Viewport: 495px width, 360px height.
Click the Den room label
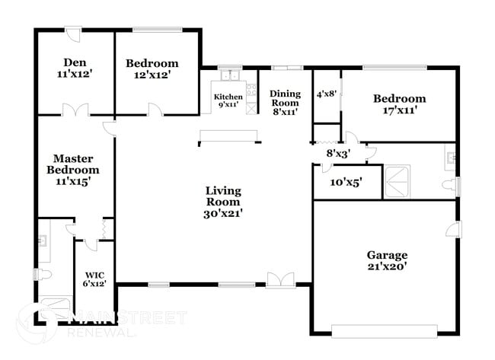click(74, 69)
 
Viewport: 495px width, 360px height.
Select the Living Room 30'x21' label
click(222, 202)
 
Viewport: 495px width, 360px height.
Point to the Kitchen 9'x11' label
click(228, 101)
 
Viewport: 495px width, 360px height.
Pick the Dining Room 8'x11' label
click(284, 102)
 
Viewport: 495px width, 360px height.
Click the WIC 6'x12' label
click(95, 279)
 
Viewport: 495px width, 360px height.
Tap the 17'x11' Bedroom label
click(398, 104)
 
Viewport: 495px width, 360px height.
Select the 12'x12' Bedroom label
click(152, 69)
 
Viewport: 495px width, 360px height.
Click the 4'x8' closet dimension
click(326, 94)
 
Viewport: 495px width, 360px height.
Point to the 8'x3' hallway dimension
click(337, 153)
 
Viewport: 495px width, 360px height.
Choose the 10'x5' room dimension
click(346, 183)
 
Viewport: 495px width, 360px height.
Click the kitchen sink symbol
click(228, 75)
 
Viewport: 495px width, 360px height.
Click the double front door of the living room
click(278, 280)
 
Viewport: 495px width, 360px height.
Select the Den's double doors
click(74, 110)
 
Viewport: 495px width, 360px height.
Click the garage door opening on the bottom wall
click(385, 330)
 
